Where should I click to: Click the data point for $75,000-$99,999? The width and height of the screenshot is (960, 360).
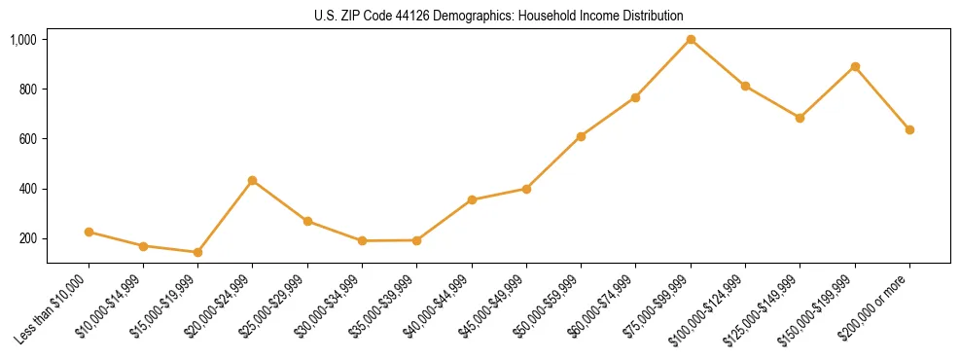click(x=691, y=40)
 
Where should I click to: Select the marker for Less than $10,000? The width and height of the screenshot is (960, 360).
click(x=89, y=232)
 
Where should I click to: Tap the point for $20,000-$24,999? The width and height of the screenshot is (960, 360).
click(x=253, y=180)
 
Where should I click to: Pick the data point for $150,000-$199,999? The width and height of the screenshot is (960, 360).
click(x=855, y=66)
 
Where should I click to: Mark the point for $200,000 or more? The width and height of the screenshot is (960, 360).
click(x=909, y=129)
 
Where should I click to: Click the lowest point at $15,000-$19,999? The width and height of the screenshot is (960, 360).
click(x=197, y=252)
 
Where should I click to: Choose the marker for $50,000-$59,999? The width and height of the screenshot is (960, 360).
click(x=581, y=136)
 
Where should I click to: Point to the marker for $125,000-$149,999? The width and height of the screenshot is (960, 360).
click(x=800, y=118)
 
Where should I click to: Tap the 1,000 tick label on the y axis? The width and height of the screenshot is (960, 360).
click(x=23, y=40)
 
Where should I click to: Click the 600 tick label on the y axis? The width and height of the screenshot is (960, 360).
click(x=27, y=139)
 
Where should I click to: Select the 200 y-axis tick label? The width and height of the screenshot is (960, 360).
click(x=27, y=238)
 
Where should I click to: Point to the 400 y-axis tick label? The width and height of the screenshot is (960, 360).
click(x=27, y=189)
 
